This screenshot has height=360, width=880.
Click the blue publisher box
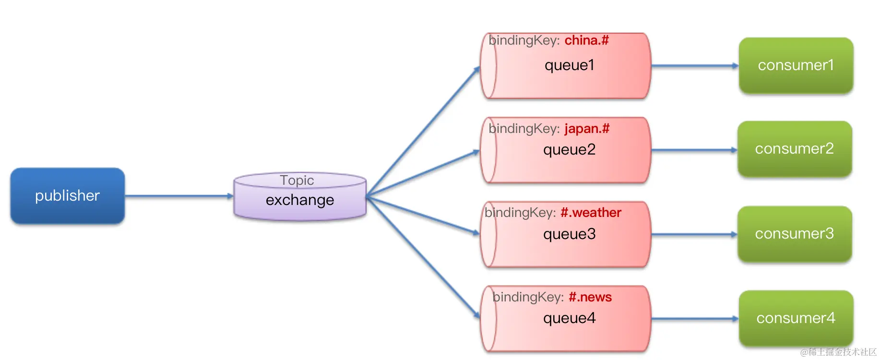point(67,196)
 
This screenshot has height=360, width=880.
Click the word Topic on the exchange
point(297,180)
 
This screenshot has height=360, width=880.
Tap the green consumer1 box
point(796,65)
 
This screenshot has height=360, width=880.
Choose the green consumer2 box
point(794,149)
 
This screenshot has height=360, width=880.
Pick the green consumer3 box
point(794,234)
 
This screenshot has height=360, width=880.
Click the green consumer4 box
point(796,318)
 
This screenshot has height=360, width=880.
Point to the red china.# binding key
point(586,40)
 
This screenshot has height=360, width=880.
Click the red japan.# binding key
point(587,129)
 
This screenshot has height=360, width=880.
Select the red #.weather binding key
point(591,213)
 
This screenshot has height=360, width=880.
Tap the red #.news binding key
point(590,297)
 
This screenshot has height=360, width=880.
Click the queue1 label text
point(569,65)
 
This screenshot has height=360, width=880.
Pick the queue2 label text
point(569,150)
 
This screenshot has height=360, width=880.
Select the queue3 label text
point(569,234)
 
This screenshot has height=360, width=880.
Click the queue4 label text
point(569,318)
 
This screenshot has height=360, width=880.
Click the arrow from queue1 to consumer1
point(694,66)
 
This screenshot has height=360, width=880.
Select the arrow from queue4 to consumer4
point(694,318)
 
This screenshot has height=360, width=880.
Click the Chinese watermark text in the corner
point(838,352)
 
